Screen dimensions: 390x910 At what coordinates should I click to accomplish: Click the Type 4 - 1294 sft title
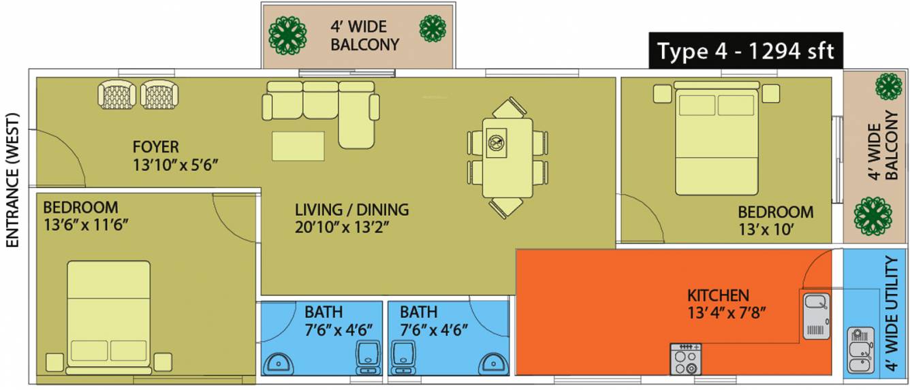746,51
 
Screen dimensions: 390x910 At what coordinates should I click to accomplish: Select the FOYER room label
155,146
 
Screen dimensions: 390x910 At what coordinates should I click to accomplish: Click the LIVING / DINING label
351,209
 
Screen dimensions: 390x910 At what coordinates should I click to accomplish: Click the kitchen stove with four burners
685,359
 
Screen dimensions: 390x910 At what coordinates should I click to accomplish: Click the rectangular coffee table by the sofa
298,146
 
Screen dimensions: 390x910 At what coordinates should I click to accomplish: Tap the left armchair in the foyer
117,95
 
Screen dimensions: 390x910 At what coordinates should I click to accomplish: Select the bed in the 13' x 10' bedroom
716,137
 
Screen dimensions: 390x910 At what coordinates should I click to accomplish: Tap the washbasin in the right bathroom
493,361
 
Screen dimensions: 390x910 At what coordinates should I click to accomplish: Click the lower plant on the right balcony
873,216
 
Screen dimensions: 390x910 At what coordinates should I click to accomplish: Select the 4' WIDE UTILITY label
892,314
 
